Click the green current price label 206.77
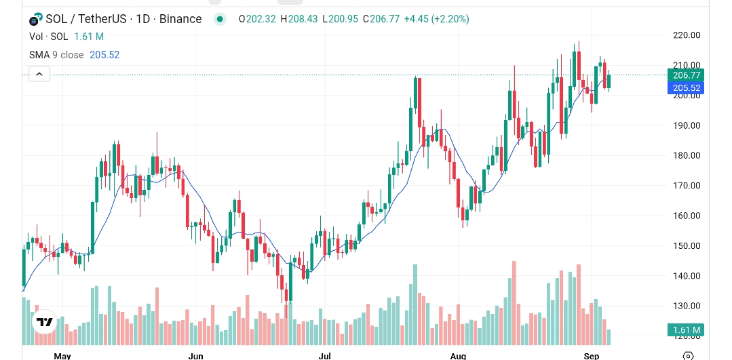click(x=685, y=75)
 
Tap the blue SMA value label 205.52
click(x=685, y=87)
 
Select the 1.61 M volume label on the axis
click(x=685, y=330)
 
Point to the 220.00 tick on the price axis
click(x=685, y=35)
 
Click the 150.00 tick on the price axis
click(x=685, y=245)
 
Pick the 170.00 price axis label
click(x=685, y=185)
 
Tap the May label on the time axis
click(x=62, y=355)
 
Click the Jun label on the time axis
click(x=195, y=355)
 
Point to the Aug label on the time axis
click(x=458, y=355)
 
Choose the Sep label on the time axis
click(x=591, y=355)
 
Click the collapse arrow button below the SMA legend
click(x=39, y=74)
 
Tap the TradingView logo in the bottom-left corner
click(x=45, y=322)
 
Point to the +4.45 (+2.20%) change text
click(x=436, y=19)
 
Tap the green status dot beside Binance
click(x=219, y=19)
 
